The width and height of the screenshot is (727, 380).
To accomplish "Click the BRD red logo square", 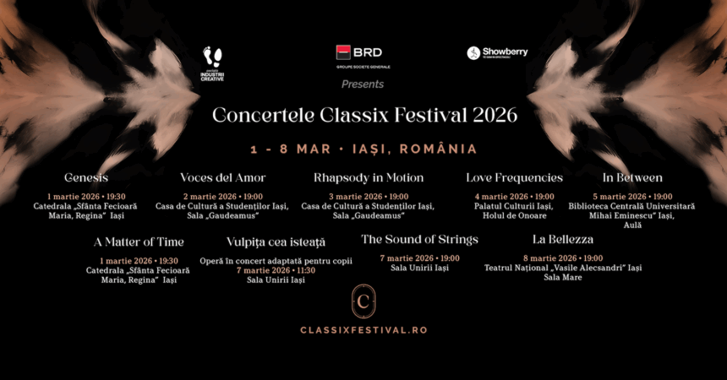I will [x=344, y=52].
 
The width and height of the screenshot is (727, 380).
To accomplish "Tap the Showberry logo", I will [x=497, y=53].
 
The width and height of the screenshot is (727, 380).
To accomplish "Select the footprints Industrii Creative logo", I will [x=212, y=64].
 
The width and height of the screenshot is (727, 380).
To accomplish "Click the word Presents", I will [x=363, y=84].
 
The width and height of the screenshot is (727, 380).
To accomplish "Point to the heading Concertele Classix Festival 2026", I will [x=364, y=115].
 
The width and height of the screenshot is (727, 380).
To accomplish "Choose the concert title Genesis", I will [x=86, y=178].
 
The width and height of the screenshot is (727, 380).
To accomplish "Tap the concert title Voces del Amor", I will [x=223, y=178].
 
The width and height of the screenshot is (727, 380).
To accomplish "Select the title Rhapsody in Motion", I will [x=369, y=178].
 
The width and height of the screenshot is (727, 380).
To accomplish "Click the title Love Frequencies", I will [x=514, y=178].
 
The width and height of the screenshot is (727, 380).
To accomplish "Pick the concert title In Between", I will [x=632, y=178].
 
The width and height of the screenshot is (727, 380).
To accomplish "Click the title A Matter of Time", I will [x=139, y=242].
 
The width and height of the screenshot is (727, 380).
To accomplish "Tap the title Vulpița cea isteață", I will [x=276, y=242].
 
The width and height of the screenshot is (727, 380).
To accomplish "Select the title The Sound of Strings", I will [x=419, y=240].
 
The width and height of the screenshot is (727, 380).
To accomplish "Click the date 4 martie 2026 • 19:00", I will [x=514, y=197].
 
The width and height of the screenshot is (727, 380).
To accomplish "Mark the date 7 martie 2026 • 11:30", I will [x=276, y=270].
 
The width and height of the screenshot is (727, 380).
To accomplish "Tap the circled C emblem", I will [x=363, y=301].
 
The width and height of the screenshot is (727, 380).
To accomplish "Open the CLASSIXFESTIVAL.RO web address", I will [x=363, y=329].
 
